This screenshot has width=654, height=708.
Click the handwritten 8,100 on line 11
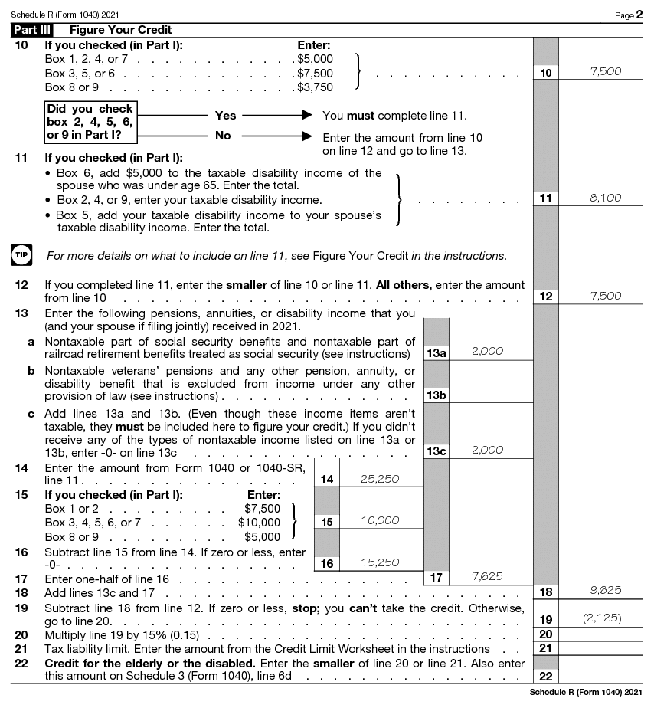click(606, 198)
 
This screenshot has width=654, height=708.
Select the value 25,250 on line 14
click(380, 479)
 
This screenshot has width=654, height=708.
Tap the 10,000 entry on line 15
click(380, 520)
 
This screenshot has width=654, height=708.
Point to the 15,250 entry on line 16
click(380, 562)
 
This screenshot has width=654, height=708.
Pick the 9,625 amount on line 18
click(606, 590)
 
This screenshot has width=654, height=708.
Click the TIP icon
click(20, 254)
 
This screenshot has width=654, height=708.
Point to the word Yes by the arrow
click(226, 116)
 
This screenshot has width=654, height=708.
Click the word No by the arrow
click(223, 136)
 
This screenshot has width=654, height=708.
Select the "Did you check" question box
click(90, 122)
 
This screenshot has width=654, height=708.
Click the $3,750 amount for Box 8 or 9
click(315, 87)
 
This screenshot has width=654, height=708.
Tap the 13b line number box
click(437, 395)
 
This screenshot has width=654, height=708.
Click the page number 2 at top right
click(639, 14)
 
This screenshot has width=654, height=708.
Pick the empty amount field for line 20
click(605, 634)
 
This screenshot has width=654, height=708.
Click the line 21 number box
click(545, 648)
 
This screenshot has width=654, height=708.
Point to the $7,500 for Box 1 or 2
click(262, 508)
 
